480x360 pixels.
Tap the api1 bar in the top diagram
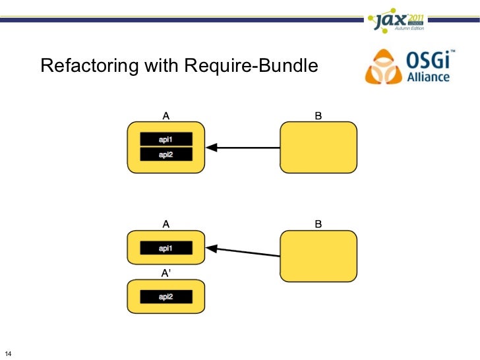pos(166,139)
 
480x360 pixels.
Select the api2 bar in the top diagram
pos(166,154)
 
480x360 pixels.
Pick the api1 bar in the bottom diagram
pos(166,249)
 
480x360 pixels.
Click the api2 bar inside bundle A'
pos(166,297)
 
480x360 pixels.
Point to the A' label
pos(167,272)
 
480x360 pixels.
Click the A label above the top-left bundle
pos(166,115)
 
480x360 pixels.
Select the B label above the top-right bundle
pos(318,115)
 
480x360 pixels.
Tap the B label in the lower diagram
pos(318,224)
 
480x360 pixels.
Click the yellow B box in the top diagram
pos(318,147)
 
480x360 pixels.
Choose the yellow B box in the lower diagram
pos(318,255)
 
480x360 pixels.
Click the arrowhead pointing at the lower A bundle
pos(211,249)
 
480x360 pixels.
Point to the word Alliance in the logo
pos(428,76)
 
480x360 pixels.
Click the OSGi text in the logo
pos(426,61)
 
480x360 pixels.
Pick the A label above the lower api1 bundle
pos(166,224)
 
